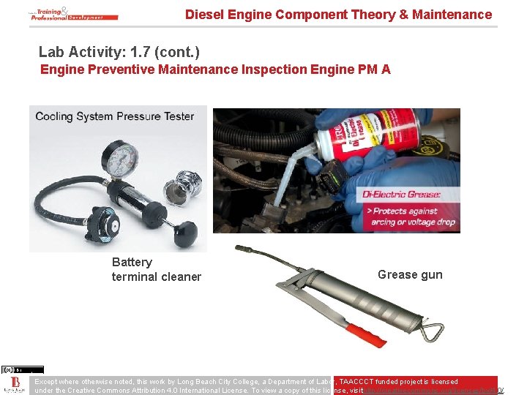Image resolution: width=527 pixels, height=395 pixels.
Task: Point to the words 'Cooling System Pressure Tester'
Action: pyautogui.click(x=115, y=116)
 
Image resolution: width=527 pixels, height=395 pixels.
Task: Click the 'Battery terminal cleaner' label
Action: pyautogui.click(x=156, y=269)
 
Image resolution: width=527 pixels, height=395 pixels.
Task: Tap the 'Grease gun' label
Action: pyautogui.click(x=410, y=275)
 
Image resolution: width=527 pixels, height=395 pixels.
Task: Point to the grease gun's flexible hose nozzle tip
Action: pyautogui.click(x=238, y=248)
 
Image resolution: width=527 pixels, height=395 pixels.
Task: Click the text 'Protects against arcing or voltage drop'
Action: pyautogui.click(x=412, y=217)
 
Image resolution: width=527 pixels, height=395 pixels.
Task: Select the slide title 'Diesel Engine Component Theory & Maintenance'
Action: pyautogui.click(x=338, y=15)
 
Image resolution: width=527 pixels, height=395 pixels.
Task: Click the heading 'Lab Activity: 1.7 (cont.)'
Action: pyautogui.click(x=119, y=53)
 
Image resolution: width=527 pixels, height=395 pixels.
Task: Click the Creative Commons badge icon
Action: pyautogui.click(x=22, y=369)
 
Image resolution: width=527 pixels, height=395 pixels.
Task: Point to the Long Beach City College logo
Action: pyautogui.click(x=15, y=385)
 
